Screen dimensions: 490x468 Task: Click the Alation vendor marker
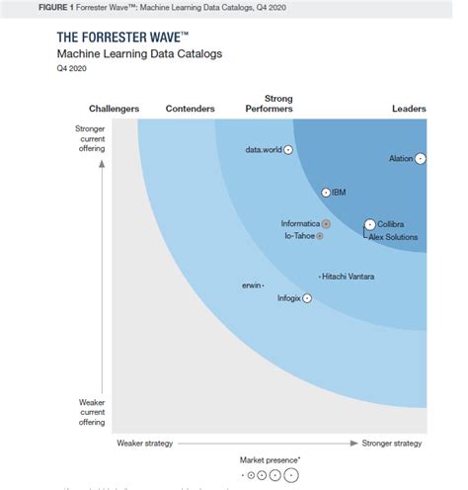(421, 158)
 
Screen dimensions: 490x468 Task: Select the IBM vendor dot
(326, 192)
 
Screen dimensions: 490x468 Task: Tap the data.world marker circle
(288, 150)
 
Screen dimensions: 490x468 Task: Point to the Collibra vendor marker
(369, 224)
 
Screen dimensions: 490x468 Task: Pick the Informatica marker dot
(326, 224)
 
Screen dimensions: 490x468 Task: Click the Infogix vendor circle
(307, 297)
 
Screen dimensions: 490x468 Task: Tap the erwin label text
(251, 286)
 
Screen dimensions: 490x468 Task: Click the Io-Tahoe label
(301, 236)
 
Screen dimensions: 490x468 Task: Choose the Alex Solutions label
(393, 237)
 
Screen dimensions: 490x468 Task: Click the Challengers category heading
(114, 109)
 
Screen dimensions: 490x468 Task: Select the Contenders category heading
(191, 109)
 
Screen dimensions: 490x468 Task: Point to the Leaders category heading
(409, 109)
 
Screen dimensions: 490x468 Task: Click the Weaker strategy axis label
(145, 443)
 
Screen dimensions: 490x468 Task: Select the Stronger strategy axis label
(392, 443)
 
